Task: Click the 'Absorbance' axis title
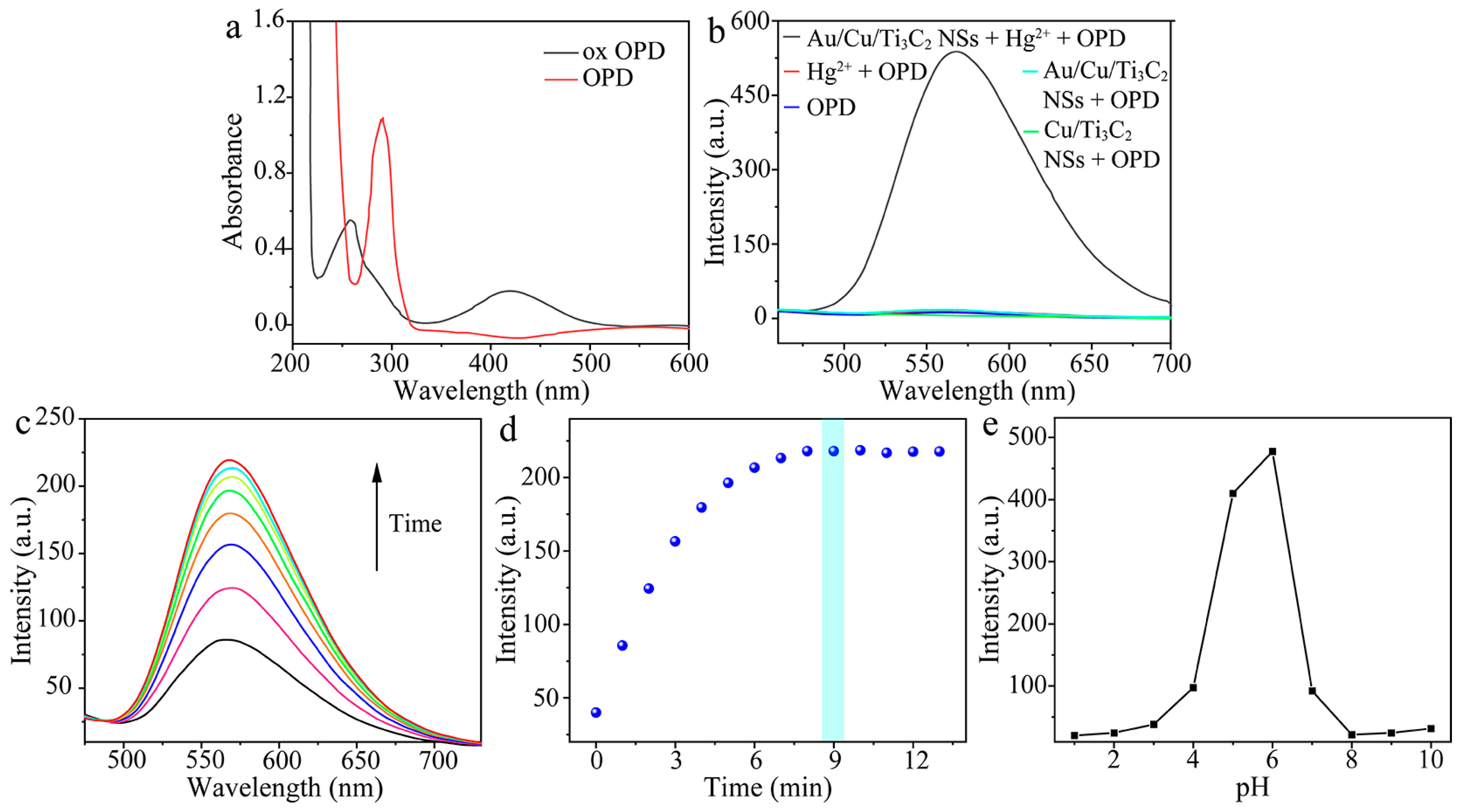[x=232, y=181]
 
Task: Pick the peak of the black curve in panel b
[x=955, y=52]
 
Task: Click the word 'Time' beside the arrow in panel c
[x=415, y=524]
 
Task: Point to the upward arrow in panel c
[x=377, y=515]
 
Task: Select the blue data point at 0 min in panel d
[x=596, y=713]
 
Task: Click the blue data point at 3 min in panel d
[x=675, y=541]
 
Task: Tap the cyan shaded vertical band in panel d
[x=833, y=595]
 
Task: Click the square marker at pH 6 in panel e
[x=1272, y=452]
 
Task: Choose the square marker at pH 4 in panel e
[x=1193, y=688]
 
